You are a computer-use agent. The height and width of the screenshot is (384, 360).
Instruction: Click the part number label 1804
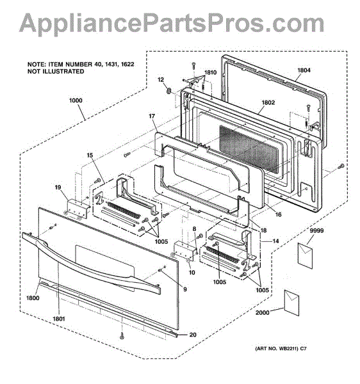pos(304,70)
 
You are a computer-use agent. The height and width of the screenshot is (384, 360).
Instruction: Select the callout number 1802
pos(268,102)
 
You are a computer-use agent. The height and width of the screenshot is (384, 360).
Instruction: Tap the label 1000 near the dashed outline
pos(76,100)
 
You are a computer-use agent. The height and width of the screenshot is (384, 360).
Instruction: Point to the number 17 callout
pos(152,116)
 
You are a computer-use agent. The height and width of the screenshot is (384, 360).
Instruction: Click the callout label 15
pos(90,156)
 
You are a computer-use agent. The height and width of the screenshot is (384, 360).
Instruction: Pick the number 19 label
pos(58,188)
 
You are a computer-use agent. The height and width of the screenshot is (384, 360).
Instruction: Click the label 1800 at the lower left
pos(33,298)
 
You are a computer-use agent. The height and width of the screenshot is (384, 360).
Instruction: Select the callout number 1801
pos(59,319)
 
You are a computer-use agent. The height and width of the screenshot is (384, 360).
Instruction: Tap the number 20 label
pos(193,335)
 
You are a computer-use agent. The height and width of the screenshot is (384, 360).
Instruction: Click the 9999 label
pos(316,230)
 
